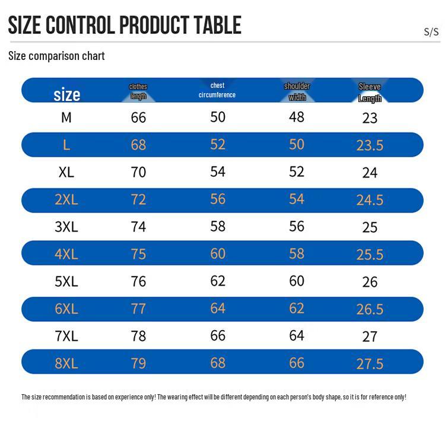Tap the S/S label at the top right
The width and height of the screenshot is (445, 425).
[431, 32]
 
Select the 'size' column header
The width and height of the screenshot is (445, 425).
[67, 94]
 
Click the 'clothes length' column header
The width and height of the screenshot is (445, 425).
[138, 91]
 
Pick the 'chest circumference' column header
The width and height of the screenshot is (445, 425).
[217, 90]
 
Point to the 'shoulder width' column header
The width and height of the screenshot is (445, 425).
[297, 91]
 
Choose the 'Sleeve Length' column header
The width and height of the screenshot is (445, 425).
[370, 93]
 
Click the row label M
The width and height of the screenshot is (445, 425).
[66, 118]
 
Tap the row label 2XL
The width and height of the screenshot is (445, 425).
[66, 199]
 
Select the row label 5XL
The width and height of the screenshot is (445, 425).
[66, 281]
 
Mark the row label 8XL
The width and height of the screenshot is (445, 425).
[66, 363]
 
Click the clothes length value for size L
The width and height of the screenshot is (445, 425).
[138, 145]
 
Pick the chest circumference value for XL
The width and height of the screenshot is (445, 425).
[218, 172]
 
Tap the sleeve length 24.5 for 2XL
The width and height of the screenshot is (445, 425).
[370, 200]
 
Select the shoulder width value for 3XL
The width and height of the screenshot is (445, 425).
[297, 226]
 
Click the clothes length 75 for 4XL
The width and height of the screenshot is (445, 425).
[138, 254]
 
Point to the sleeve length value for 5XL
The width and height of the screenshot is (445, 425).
[370, 282]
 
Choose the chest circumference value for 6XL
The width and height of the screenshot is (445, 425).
[218, 308]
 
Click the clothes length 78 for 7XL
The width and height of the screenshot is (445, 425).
[138, 336]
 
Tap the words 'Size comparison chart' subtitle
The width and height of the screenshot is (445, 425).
[56, 56]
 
